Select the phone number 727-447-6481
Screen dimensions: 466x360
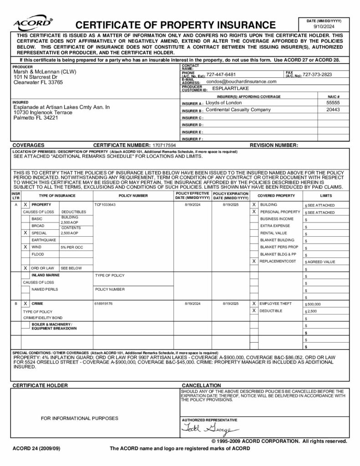(221, 75)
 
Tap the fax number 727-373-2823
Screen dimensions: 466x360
(317, 75)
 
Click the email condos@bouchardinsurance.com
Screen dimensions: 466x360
(241, 81)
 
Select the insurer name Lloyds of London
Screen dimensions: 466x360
(224, 103)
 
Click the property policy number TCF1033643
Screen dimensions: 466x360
(105, 205)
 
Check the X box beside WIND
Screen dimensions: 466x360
(25, 247)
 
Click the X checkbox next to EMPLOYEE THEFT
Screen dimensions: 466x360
(254, 303)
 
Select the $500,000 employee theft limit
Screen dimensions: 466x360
(314, 304)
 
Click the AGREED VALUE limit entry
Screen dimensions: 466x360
(321, 262)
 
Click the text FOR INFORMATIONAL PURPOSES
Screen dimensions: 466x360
(80, 418)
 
